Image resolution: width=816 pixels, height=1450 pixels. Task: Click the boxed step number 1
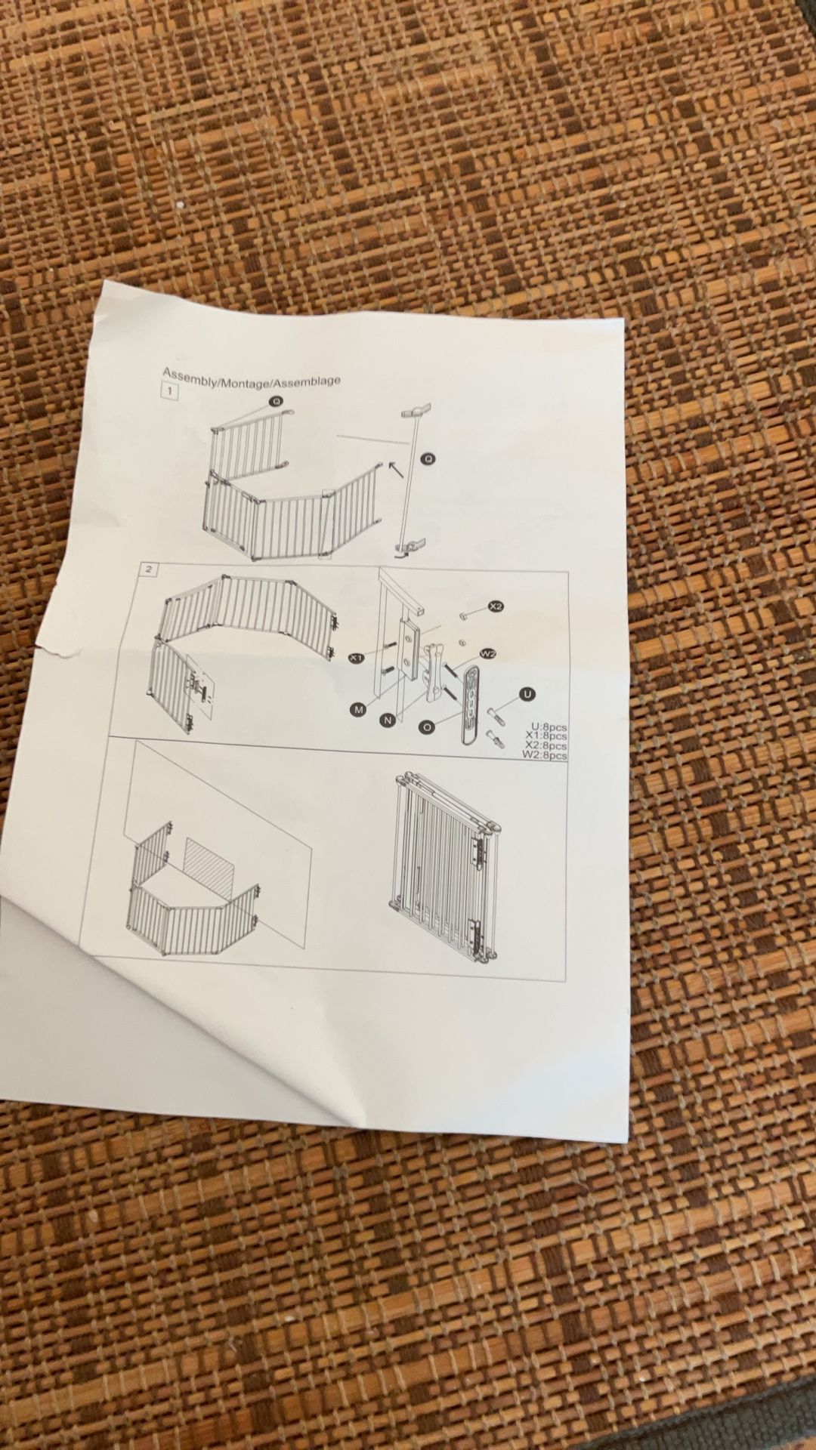[171, 392]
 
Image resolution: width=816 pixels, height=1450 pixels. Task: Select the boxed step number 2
[150, 569]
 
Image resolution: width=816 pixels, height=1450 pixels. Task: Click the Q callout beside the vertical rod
[428, 458]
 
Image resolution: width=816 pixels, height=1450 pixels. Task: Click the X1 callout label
[357, 657]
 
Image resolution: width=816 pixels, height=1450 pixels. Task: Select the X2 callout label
[495, 606]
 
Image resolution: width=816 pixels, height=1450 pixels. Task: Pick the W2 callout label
[487, 652]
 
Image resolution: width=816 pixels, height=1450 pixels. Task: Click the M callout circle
[357, 708]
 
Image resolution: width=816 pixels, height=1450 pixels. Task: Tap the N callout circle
[388, 720]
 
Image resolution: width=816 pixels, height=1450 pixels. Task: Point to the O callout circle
[427, 727]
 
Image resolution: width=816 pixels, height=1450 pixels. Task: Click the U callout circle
[527, 694]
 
